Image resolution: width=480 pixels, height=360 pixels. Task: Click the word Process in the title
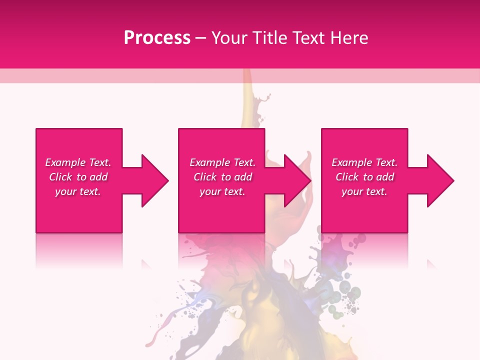point(157,38)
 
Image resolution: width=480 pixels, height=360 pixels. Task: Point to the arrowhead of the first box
point(152,180)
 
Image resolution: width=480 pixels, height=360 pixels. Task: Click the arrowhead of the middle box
point(295,180)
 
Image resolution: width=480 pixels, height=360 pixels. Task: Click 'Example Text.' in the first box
point(78,162)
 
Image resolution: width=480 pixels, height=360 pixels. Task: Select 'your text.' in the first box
point(78,191)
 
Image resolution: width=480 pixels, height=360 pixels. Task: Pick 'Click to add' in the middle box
point(222,177)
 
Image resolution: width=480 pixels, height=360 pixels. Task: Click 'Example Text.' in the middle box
point(222,162)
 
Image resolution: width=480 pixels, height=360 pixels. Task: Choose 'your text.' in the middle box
point(222,191)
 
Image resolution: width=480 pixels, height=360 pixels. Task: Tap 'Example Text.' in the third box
point(364,162)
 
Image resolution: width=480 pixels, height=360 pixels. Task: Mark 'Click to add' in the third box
point(364,177)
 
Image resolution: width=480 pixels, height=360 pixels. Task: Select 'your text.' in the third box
point(364,191)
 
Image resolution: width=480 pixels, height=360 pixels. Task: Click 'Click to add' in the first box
point(78,177)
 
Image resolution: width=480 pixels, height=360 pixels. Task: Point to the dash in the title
point(200,38)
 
